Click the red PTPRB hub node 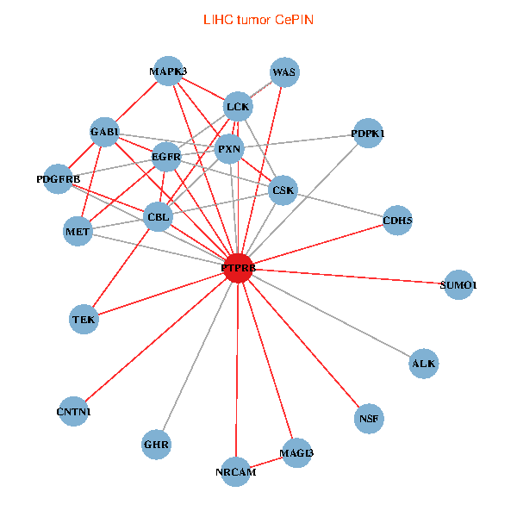coord(238,268)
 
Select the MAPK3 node coord(168,72)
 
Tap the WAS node coord(283,72)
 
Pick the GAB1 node coord(104,132)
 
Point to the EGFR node coord(165,157)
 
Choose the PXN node coord(229,148)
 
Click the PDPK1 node coord(368,134)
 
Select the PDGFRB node coord(59,179)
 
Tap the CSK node coord(283,190)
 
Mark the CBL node coord(159,217)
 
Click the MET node coord(78,231)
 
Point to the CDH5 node coord(397,221)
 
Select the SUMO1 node coord(458,284)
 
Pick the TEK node coord(84,320)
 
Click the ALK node coord(424,364)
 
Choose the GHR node coord(157,445)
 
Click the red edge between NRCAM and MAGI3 coord(265,463)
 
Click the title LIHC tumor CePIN coord(258,19)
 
